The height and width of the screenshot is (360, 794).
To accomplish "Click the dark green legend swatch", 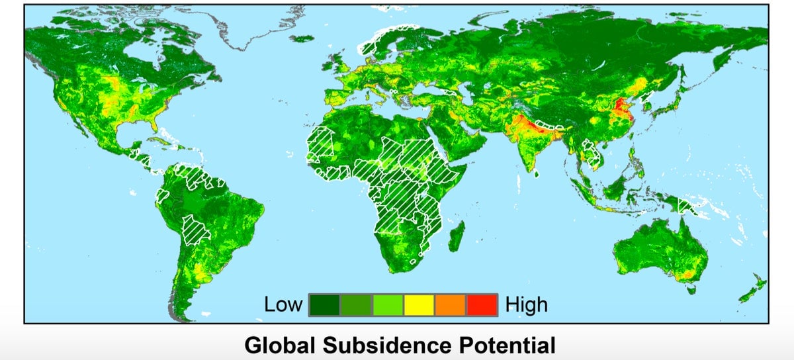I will click(x=324, y=304).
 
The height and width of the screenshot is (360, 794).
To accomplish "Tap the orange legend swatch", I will click(x=451, y=304).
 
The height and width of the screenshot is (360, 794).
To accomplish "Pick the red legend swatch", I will click(x=482, y=304).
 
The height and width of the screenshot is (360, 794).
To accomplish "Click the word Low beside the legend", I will click(x=283, y=304).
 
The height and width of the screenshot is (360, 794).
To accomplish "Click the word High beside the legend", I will click(x=527, y=304).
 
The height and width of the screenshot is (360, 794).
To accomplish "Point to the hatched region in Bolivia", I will click(x=197, y=228).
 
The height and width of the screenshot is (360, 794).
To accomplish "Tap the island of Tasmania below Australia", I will click(x=692, y=289).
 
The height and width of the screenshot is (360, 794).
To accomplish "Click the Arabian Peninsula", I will click(x=457, y=142).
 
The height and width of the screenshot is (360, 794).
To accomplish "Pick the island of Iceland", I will click(x=304, y=39).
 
